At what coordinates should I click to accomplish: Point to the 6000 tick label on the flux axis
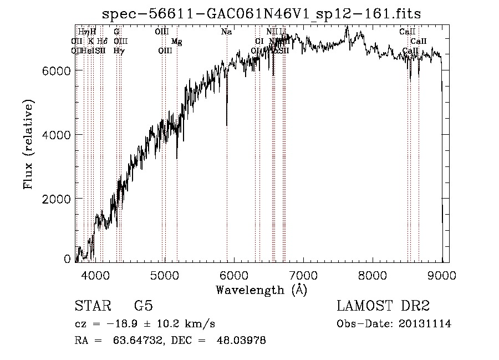55,70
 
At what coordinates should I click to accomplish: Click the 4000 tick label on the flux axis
55,135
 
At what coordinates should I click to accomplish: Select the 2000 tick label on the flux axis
55,199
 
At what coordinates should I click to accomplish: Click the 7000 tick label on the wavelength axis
303,275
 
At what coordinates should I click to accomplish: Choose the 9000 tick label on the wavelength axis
441,275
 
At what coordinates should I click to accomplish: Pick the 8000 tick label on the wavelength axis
372,275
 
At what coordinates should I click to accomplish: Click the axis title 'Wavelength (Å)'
261,290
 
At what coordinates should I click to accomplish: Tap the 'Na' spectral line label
226,32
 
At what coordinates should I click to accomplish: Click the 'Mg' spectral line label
176,42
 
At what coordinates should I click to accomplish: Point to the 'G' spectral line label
116,32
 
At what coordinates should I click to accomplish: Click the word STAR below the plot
91,306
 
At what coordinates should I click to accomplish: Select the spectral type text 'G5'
144,306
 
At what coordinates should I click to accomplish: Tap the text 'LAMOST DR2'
383,306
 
